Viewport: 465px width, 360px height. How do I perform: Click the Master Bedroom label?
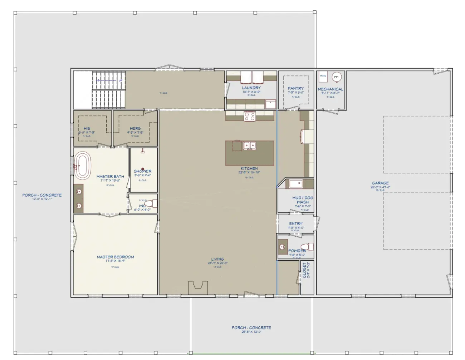click(x=115, y=257)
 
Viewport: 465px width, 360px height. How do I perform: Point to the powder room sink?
click(x=282, y=247)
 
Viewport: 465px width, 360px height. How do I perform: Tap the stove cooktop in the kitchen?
click(x=249, y=116)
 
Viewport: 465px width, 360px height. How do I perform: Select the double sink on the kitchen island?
click(x=249, y=146)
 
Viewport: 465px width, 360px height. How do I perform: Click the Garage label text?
click(x=380, y=183)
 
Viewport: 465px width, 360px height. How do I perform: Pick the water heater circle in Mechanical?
click(x=336, y=77)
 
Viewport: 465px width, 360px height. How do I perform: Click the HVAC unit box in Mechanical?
click(x=323, y=77)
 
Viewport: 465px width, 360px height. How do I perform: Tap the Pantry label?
click(x=296, y=88)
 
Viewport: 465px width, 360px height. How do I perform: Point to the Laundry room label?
click(x=251, y=88)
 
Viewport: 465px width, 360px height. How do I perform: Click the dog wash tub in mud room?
click(x=296, y=184)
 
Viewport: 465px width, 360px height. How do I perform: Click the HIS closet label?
click(x=87, y=128)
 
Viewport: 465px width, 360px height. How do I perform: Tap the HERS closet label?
click(x=135, y=128)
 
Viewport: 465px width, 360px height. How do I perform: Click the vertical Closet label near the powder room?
click(x=305, y=270)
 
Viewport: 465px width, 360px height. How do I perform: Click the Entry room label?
click(x=296, y=224)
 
